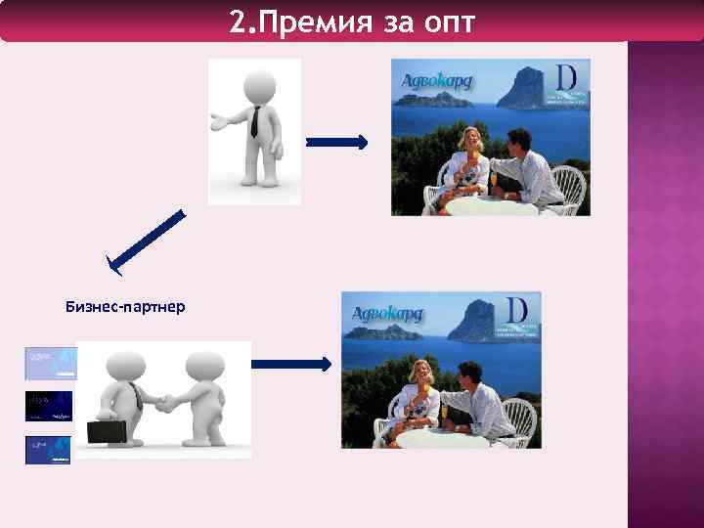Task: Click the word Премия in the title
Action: click(310, 22)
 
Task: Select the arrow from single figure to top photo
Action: click(336, 143)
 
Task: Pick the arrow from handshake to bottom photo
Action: click(291, 364)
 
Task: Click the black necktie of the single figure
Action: click(254, 121)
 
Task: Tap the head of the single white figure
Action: click(258, 83)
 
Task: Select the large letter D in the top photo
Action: click(566, 78)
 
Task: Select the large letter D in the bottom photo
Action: click(517, 310)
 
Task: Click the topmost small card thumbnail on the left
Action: click(50, 363)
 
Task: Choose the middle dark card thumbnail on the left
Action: click(48, 406)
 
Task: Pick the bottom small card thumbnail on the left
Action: click(48, 450)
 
